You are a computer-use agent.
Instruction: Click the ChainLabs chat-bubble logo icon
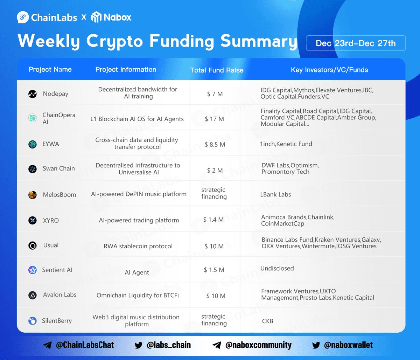(x=23, y=17)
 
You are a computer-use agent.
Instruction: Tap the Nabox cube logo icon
(x=96, y=17)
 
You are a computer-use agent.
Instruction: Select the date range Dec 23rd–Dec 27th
(x=356, y=43)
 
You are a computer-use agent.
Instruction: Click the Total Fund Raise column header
(x=217, y=70)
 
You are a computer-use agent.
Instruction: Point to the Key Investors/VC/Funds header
(x=329, y=70)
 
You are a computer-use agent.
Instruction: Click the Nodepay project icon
(x=33, y=94)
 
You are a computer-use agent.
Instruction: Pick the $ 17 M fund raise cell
(x=214, y=119)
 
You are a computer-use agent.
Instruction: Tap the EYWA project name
(x=51, y=144)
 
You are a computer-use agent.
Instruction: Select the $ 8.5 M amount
(x=215, y=145)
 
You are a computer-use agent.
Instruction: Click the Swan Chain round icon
(x=33, y=169)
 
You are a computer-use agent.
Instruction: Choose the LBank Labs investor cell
(x=275, y=194)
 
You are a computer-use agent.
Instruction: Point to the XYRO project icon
(x=33, y=220)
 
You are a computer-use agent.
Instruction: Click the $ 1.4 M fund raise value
(x=213, y=220)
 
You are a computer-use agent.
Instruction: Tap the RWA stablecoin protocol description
(x=138, y=246)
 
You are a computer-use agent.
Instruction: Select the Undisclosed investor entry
(x=277, y=268)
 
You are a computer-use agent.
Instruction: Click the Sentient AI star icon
(x=33, y=270)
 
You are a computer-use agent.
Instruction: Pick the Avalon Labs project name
(x=60, y=295)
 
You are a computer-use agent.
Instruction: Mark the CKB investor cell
(x=268, y=321)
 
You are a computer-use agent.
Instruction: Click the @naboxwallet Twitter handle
(x=349, y=345)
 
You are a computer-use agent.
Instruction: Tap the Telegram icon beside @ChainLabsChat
(x=47, y=345)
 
